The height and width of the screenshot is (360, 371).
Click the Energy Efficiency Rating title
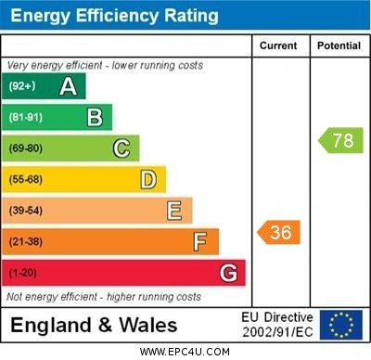click(114, 16)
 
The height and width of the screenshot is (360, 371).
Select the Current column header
click(278, 45)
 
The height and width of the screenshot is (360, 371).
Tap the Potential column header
click(339, 45)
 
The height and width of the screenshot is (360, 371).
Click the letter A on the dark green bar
click(68, 86)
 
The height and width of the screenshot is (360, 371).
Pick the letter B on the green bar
click(95, 117)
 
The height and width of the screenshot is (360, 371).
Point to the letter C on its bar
click(122, 148)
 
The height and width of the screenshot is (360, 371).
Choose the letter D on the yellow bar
click(148, 179)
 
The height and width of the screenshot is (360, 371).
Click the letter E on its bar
click(174, 211)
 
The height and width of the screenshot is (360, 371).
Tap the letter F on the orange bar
click(200, 242)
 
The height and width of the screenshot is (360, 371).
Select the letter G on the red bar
click(228, 273)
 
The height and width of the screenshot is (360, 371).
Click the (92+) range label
click(22, 86)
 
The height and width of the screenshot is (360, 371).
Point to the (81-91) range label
click(26, 118)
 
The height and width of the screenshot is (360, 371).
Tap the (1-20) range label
click(23, 274)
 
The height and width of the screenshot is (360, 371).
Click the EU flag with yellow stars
click(341, 325)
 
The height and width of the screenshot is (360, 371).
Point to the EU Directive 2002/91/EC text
click(278, 325)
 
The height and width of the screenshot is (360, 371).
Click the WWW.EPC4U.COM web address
click(185, 352)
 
